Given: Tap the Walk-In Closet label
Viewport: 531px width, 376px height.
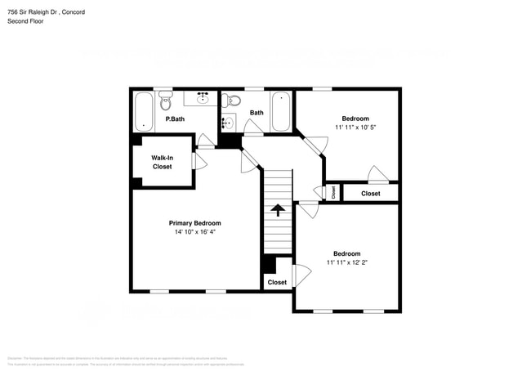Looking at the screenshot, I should [163, 162].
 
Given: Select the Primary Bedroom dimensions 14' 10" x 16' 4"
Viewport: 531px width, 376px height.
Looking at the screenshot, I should [194, 232].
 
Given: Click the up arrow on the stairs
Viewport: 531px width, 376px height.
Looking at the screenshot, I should [278, 209].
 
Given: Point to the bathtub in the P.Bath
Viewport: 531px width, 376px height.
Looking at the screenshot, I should [144, 112].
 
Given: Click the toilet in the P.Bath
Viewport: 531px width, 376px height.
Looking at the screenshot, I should [166, 102].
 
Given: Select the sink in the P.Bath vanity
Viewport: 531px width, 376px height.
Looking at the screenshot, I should [201, 99].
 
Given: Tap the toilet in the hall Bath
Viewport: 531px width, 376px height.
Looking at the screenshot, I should [231, 101].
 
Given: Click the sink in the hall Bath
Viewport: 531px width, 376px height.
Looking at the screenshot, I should [227, 123].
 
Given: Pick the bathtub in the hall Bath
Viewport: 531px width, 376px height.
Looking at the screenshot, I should [280, 111].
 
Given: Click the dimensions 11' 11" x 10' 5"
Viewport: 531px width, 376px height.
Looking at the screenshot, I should [355, 128].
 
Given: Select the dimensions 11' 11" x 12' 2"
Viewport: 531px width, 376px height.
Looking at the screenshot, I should [346, 263].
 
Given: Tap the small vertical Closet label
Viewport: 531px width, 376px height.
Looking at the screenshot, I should [333, 193].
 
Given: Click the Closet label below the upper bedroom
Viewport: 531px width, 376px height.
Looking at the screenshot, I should [370, 194].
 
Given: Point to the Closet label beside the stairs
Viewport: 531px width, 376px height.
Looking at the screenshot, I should [277, 282].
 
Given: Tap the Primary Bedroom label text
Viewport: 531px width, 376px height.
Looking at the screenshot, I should [194, 223].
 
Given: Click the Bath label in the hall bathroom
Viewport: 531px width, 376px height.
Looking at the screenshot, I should [257, 113].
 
